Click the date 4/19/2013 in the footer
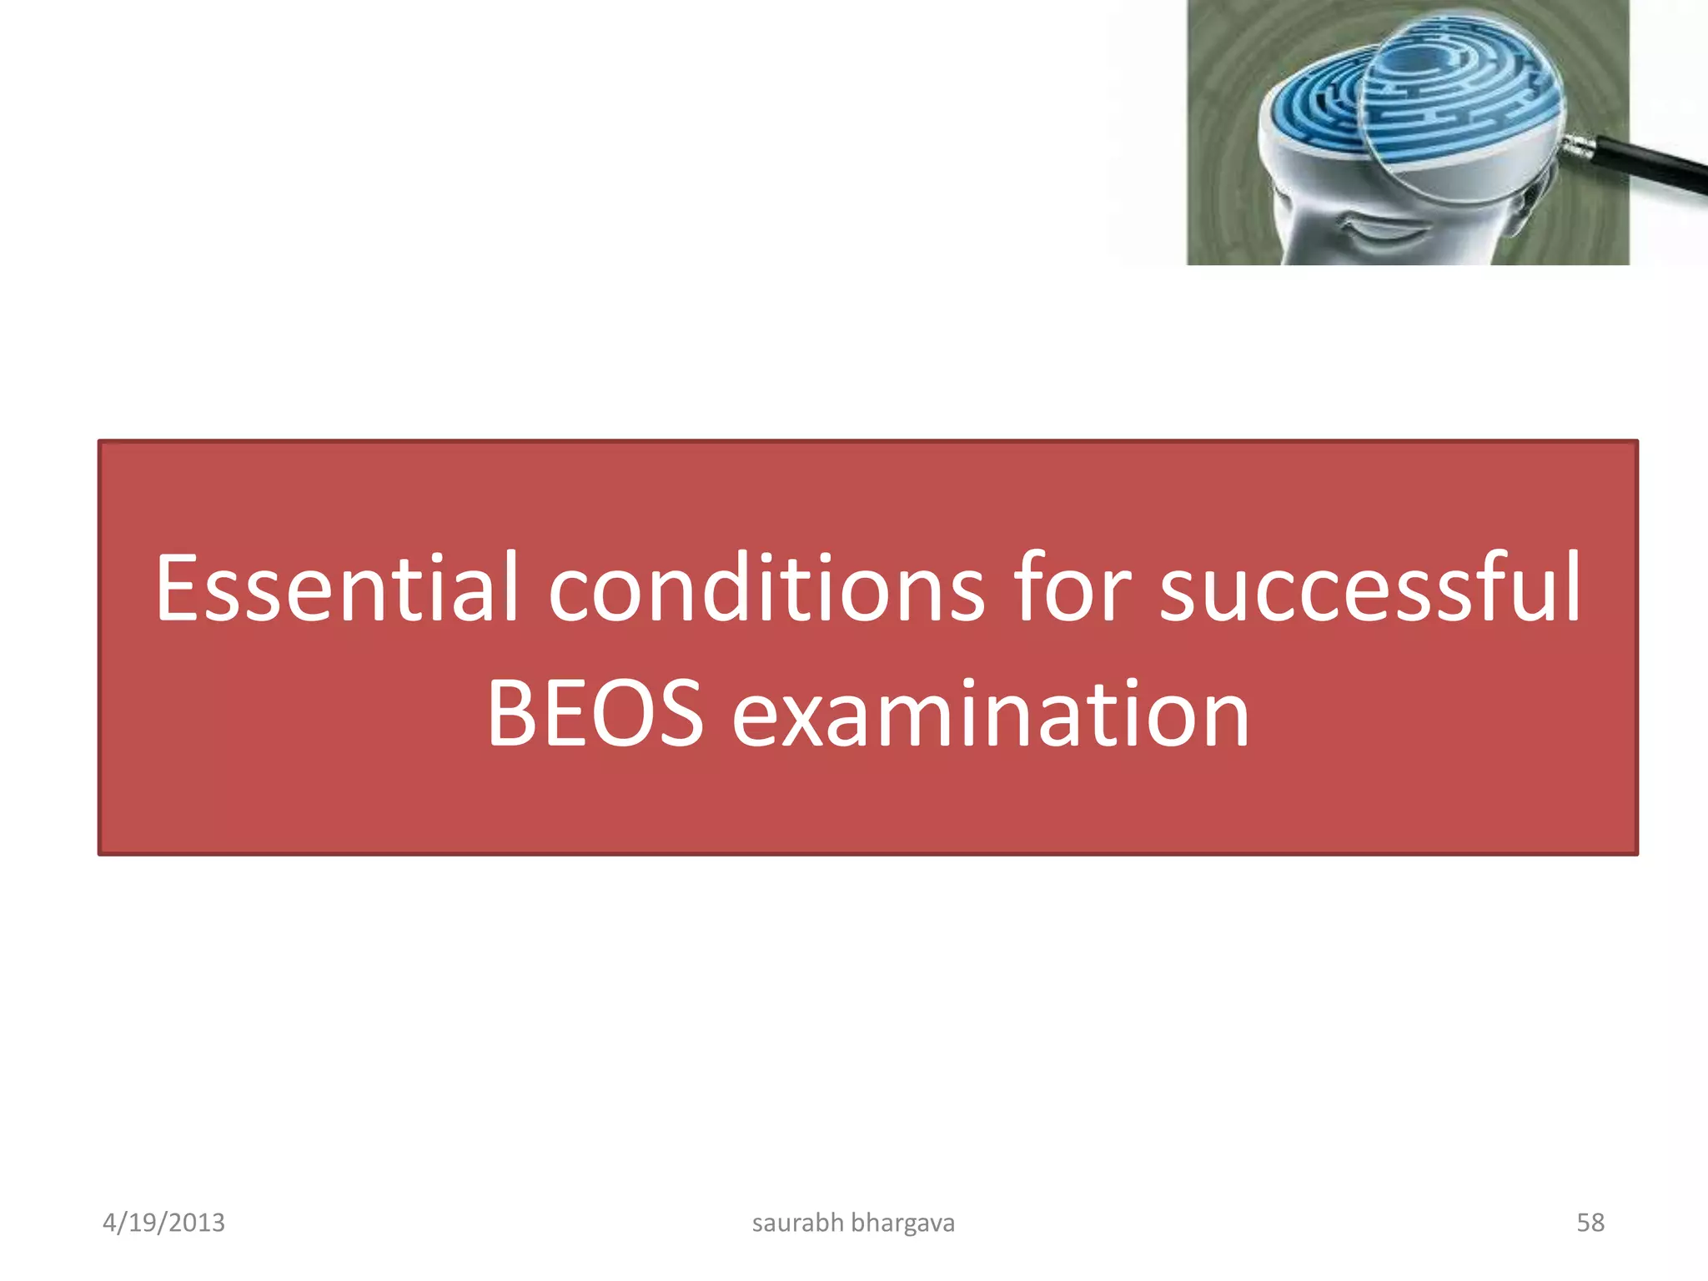pos(163,1223)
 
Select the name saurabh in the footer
pos(797,1223)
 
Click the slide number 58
pos(1590,1223)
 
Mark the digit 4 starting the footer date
pos(109,1223)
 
